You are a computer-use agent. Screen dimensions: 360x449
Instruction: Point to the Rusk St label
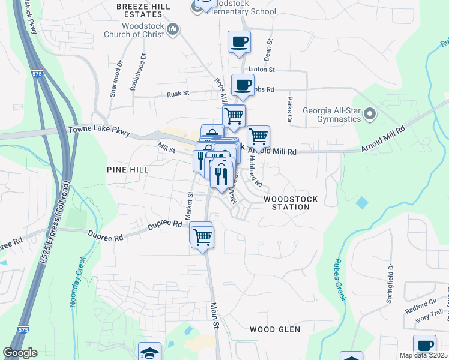point(178,94)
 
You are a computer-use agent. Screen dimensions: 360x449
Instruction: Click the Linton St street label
point(262,70)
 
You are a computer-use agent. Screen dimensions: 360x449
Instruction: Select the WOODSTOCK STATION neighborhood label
point(286,203)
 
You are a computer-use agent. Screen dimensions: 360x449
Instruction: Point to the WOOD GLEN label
point(274,329)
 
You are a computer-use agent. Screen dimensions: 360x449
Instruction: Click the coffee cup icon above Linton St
point(240,42)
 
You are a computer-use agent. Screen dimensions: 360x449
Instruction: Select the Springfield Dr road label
point(390,283)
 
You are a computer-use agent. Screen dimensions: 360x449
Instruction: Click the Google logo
point(20,353)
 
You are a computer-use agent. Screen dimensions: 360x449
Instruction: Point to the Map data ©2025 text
point(423,355)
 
